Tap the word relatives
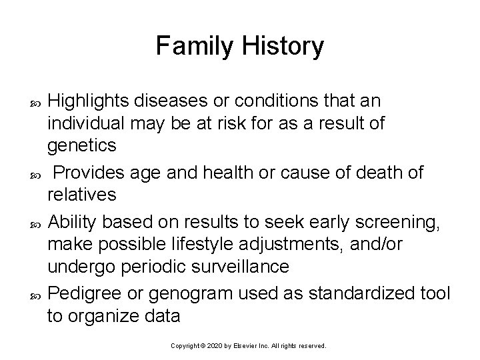pos(82,195)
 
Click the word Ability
pos(73,221)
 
